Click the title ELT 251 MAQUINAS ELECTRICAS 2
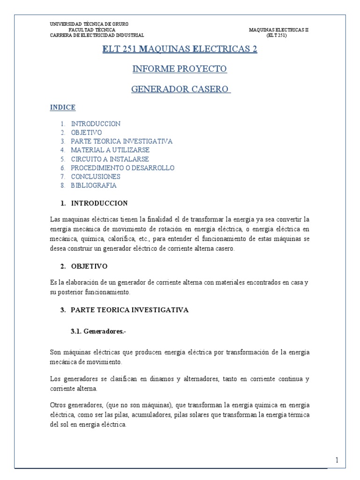(x=180, y=49)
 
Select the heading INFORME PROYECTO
(x=180, y=69)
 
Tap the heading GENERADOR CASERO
(x=180, y=89)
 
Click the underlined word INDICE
(x=63, y=107)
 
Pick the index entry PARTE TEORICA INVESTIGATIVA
(x=122, y=141)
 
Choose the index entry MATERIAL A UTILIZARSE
(x=110, y=150)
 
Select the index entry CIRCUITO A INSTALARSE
(x=110, y=159)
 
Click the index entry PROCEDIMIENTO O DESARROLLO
(x=122, y=168)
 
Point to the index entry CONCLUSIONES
(x=96, y=177)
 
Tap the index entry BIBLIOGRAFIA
(x=94, y=186)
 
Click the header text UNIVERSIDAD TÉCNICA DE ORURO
(x=89, y=24)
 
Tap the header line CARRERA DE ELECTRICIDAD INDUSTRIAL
(x=97, y=35)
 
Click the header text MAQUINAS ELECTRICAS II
(x=279, y=30)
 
